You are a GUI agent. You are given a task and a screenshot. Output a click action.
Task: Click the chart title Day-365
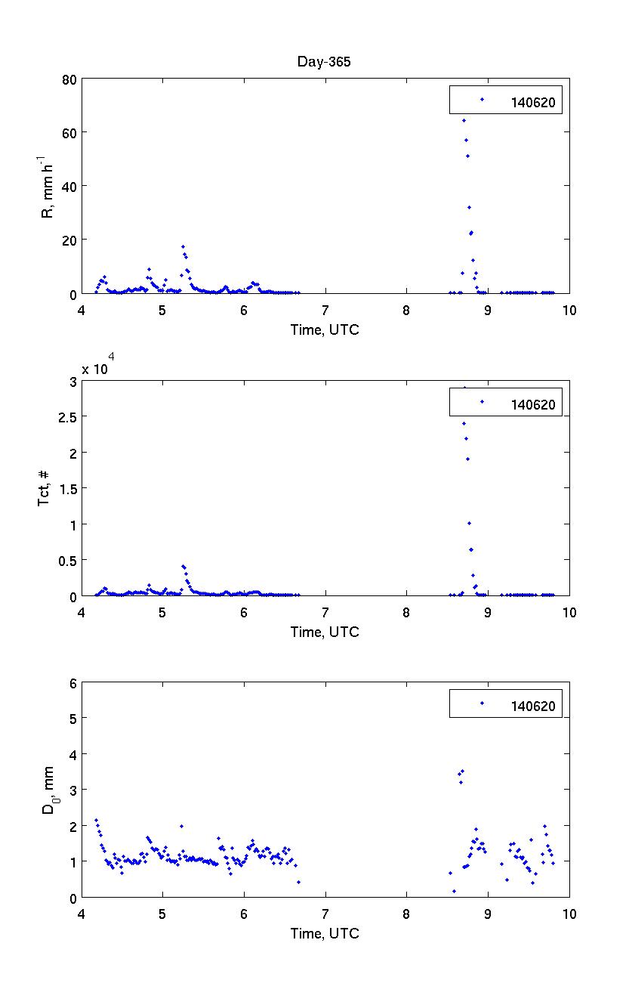[x=324, y=62]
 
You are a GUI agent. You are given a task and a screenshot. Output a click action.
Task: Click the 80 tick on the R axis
[x=69, y=79]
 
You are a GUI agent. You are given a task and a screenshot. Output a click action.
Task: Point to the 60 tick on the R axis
[x=69, y=132]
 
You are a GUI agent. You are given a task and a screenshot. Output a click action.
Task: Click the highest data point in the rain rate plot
[x=464, y=120]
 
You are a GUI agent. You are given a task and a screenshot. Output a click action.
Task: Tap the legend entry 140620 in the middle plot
[x=532, y=404]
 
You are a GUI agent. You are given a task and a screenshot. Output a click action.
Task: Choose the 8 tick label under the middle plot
[x=406, y=613]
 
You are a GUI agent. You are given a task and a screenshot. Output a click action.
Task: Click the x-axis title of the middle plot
[x=325, y=632]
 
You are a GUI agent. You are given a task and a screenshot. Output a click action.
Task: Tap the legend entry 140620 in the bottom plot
[x=532, y=707]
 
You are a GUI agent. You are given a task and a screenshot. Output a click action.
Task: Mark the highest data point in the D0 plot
[x=462, y=771]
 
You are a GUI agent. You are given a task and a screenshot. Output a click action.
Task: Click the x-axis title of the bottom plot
[x=325, y=934]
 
